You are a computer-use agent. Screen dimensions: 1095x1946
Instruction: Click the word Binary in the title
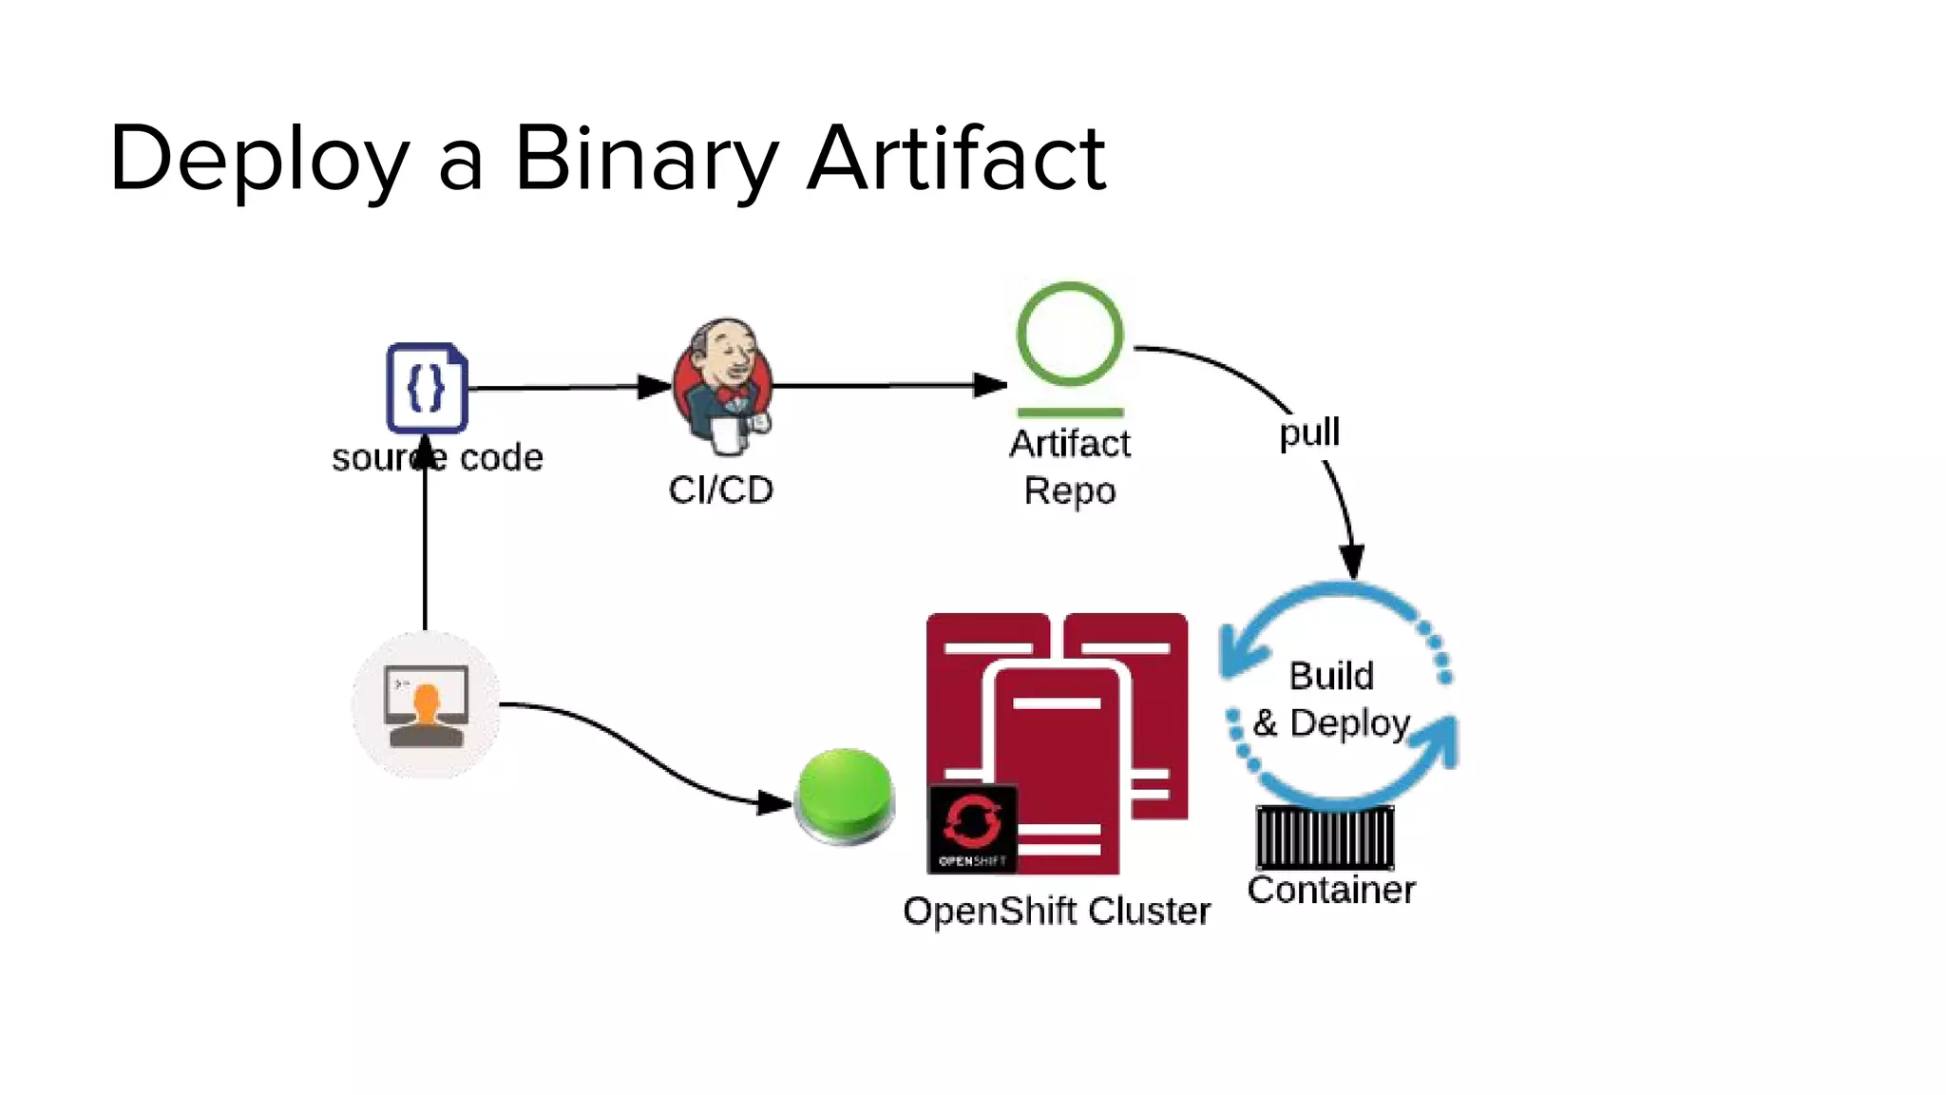pyautogui.click(x=646, y=159)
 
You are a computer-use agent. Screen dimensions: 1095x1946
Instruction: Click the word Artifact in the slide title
pyautogui.click(x=956, y=159)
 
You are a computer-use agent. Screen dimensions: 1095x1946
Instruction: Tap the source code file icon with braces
pyautogui.click(x=427, y=388)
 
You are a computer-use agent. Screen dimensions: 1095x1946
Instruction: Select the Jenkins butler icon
pyautogui.click(x=723, y=385)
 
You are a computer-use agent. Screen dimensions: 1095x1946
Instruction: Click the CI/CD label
pyautogui.click(x=720, y=490)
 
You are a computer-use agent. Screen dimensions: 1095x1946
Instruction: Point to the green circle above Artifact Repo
pyautogui.click(x=1070, y=334)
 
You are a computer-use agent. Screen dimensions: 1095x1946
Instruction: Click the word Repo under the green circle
pyautogui.click(x=1070, y=490)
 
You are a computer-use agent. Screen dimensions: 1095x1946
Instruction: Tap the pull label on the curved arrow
pyautogui.click(x=1308, y=432)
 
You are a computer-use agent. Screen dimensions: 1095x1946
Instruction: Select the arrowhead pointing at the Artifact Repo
pyautogui.click(x=990, y=385)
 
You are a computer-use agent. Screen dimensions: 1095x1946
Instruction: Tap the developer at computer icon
pyautogui.click(x=426, y=705)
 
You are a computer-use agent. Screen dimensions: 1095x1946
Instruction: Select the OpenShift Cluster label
pyautogui.click(x=1057, y=911)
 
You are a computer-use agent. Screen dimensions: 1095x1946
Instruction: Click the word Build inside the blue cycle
pyautogui.click(x=1331, y=676)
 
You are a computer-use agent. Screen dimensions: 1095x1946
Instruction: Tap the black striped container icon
pyautogui.click(x=1325, y=836)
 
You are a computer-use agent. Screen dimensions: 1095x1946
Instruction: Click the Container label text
pyautogui.click(x=1331, y=890)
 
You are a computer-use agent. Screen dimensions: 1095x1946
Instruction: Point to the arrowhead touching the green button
pyautogui.click(x=774, y=803)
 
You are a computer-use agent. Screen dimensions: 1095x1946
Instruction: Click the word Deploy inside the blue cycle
pyautogui.click(x=1349, y=723)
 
